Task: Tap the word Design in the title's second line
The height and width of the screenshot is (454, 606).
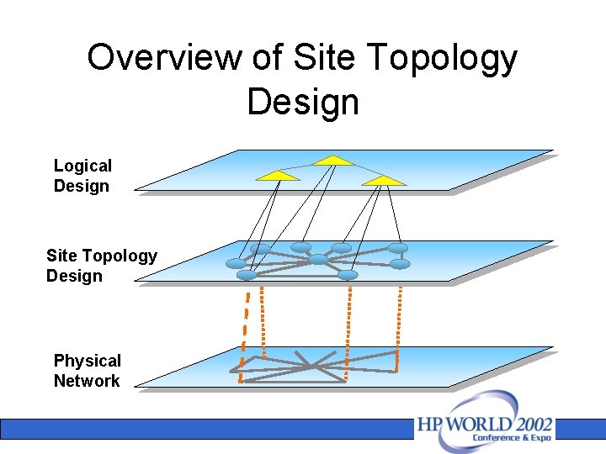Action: (x=303, y=102)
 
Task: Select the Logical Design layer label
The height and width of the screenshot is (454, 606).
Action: (x=82, y=176)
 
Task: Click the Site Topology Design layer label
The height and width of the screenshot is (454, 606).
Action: (x=101, y=266)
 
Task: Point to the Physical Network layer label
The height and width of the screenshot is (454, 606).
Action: (x=87, y=371)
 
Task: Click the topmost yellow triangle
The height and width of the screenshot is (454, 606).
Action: (x=334, y=159)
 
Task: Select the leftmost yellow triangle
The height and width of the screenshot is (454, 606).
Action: (x=278, y=175)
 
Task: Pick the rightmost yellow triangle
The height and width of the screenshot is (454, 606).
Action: (x=385, y=180)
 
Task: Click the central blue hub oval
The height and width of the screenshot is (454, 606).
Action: (x=317, y=260)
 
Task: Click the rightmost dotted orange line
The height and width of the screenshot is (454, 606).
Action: (x=398, y=324)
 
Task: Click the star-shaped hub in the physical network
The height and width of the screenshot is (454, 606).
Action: (x=312, y=366)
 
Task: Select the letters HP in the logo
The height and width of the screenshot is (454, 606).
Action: (x=428, y=425)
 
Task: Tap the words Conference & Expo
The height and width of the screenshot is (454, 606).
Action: (x=511, y=438)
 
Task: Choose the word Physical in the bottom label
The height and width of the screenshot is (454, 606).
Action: (x=87, y=361)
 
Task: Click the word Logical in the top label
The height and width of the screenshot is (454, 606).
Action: (x=82, y=166)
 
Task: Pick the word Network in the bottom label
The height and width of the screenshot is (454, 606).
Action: (x=87, y=381)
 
